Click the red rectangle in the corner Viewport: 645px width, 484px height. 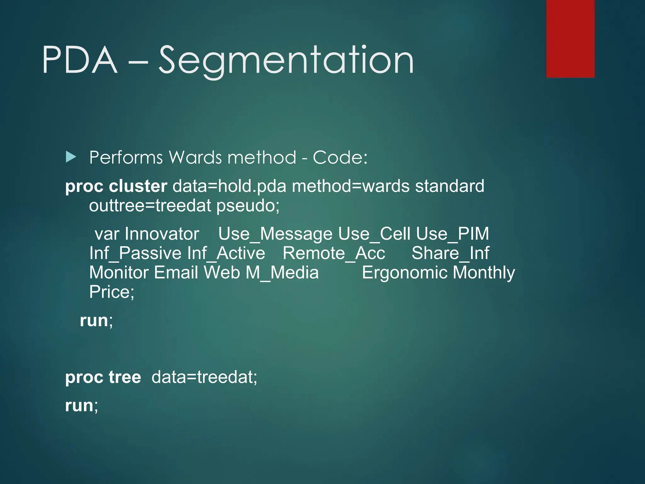click(570, 38)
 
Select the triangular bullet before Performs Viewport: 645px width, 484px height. click(71, 157)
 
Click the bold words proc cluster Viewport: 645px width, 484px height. click(116, 186)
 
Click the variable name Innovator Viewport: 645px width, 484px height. click(162, 234)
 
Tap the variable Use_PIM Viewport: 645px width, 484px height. click(452, 234)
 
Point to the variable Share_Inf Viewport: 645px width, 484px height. click(450, 253)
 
